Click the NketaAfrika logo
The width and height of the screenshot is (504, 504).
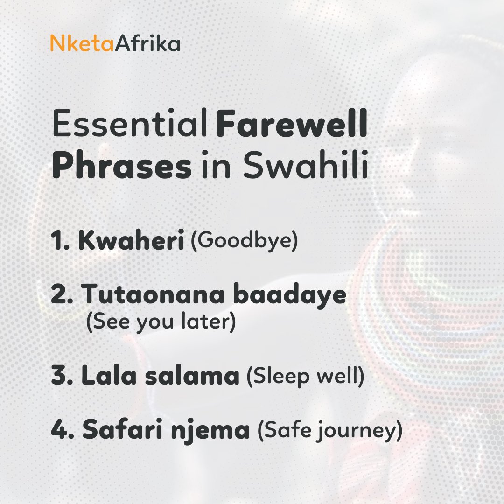tap(115, 44)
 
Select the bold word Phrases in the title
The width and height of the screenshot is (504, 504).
tap(122, 166)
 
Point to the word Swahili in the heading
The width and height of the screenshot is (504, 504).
tap(306, 166)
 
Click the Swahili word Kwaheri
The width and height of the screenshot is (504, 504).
tap(131, 243)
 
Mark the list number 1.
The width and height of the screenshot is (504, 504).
tap(59, 243)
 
